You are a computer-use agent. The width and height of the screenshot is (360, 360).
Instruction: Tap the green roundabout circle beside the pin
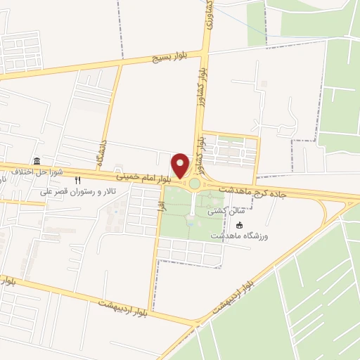point(194,184)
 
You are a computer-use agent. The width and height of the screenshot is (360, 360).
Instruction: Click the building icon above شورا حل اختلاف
point(37,161)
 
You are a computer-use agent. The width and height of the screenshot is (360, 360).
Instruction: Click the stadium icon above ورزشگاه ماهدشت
point(239,225)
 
